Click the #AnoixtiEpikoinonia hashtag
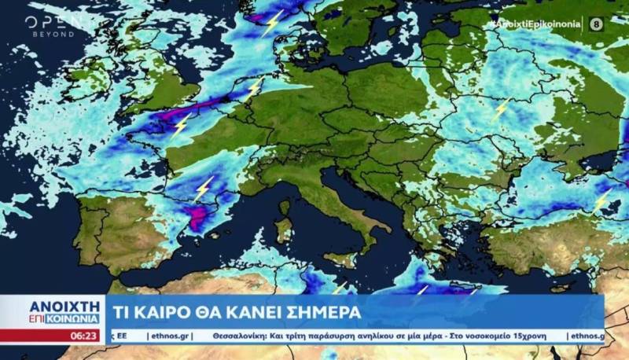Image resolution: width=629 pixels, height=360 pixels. click(x=535, y=24)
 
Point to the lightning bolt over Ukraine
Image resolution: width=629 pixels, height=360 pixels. click(x=501, y=109)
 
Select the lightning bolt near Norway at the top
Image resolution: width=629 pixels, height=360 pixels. click(x=272, y=23)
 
